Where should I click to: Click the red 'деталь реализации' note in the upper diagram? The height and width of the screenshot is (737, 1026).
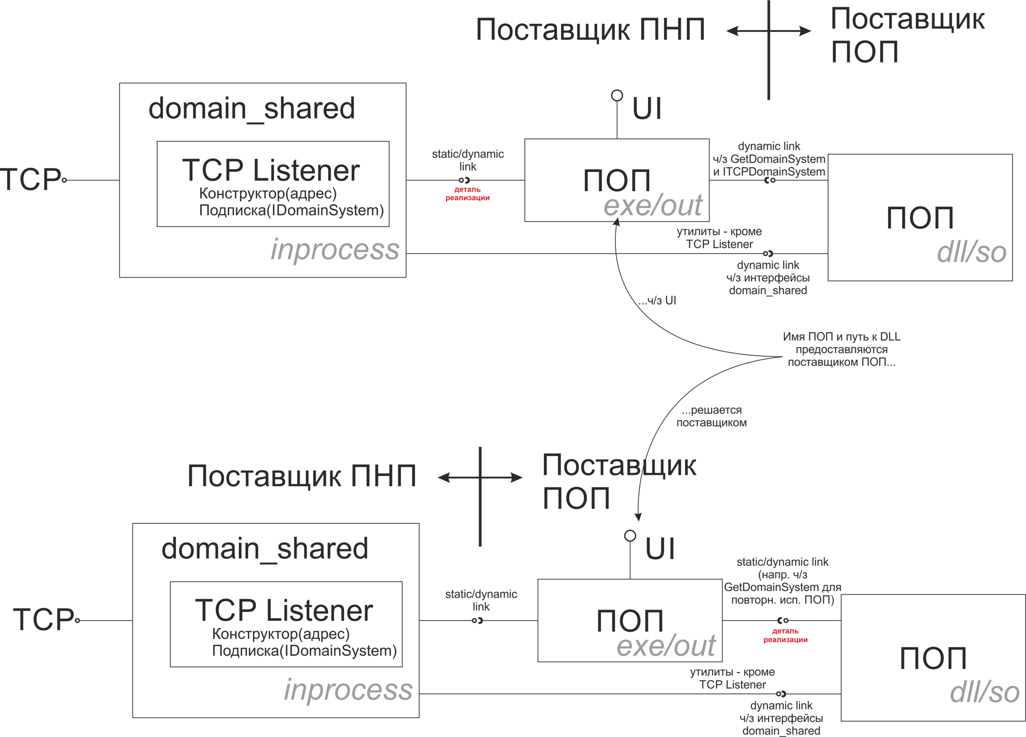point(467,194)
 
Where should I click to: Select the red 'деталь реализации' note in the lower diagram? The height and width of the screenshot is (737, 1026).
point(786,635)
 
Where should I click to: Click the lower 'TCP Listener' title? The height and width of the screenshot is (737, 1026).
point(284,610)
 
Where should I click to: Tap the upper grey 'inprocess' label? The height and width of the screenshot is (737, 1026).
point(335,249)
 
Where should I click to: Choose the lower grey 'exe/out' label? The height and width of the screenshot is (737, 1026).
point(666,645)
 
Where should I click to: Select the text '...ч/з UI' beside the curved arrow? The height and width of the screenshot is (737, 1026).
point(657,301)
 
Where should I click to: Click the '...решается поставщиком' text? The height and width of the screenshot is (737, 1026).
point(712,416)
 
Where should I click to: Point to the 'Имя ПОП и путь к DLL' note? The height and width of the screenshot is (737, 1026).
point(841,337)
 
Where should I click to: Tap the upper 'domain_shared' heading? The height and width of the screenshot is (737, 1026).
point(252,109)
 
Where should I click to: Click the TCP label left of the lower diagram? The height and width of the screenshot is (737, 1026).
point(43,619)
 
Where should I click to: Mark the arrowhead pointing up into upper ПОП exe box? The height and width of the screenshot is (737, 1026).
point(616,222)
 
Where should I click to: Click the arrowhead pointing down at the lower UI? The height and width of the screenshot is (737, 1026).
point(638,517)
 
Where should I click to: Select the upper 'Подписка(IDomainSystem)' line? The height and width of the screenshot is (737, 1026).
point(291,210)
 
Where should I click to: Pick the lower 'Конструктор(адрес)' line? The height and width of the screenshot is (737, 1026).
point(281,634)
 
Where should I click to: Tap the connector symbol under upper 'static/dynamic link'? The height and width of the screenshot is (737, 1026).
point(464,180)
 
